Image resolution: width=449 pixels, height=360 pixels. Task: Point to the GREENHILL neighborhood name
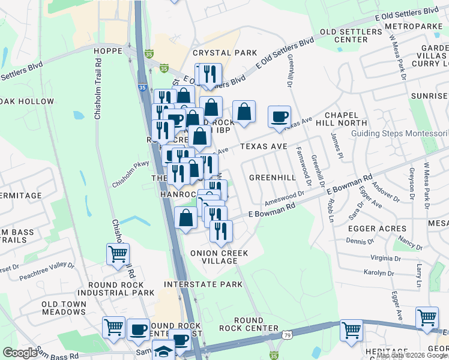pos(273,178)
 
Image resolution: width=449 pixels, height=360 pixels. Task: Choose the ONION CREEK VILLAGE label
pos(219,257)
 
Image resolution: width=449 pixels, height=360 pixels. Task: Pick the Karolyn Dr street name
pos(379,273)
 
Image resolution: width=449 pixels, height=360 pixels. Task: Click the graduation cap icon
pos(163,351)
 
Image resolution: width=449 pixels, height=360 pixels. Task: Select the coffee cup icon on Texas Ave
pos(279,116)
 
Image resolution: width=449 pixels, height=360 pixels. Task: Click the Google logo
pos(20,352)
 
